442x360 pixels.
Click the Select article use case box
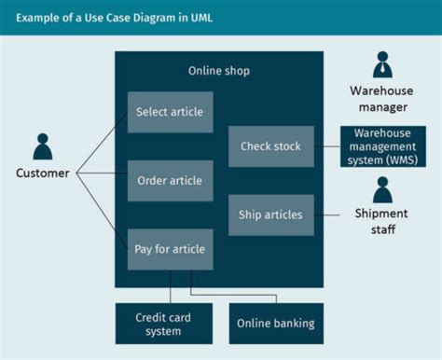170,112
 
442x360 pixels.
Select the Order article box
170,180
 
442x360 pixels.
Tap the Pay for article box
170,249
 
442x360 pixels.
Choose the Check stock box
269,146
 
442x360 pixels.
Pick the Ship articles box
269,215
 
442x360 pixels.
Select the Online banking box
276,324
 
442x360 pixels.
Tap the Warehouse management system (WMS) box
382,146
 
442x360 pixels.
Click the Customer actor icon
43,147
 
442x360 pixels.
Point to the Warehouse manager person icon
382,64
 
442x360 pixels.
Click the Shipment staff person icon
382,190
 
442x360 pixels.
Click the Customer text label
43,173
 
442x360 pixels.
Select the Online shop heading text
219,71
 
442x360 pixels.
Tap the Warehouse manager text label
382,98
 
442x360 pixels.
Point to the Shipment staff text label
382,221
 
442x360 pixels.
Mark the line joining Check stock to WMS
326,146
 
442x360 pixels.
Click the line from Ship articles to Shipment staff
328,215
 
